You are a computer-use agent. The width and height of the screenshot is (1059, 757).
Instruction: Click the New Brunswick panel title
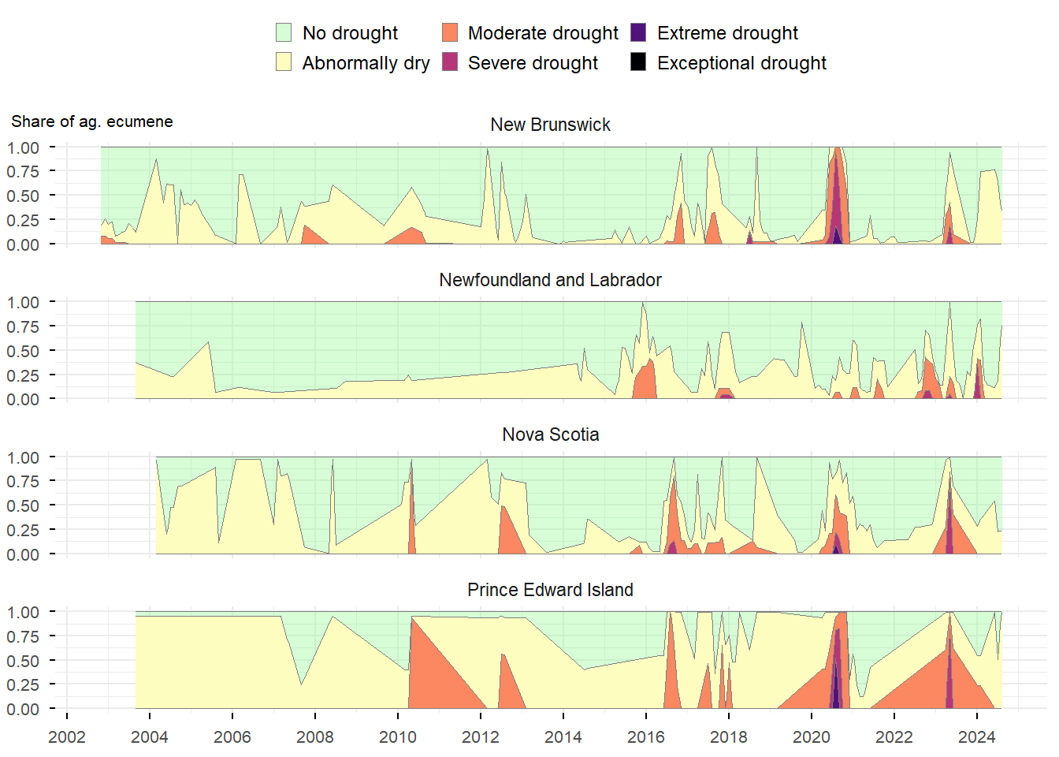click(x=550, y=125)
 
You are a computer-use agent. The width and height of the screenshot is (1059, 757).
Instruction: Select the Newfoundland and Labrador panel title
click(x=550, y=280)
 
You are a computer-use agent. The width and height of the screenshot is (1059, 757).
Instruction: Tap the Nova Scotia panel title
click(x=550, y=434)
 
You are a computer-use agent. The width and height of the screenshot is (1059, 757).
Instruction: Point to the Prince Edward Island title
click(x=550, y=590)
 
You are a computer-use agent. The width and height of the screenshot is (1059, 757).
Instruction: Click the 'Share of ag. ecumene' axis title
click(x=92, y=121)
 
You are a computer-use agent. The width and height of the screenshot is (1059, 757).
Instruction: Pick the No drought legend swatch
click(x=284, y=32)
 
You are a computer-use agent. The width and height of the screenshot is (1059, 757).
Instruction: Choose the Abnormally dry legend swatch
click(x=284, y=62)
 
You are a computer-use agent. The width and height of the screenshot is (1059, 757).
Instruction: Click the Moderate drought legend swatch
click(x=450, y=32)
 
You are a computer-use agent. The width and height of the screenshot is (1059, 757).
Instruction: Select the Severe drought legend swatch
click(x=450, y=62)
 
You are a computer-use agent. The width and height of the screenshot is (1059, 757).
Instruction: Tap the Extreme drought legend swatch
click(x=638, y=32)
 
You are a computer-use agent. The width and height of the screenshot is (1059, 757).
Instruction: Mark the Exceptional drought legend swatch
click(x=638, y=62)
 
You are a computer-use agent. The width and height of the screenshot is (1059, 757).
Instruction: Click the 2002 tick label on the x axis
click(x=67, y=737)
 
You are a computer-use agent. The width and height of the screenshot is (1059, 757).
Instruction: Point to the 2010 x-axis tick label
click(x=398, y=737)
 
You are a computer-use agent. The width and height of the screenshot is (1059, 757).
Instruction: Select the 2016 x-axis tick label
click(x=646, y=737)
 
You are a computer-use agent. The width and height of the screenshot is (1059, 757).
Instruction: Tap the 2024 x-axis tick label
click(x=977, y=737)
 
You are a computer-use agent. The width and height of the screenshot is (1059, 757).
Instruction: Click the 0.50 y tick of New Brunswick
click(x=23, y=196)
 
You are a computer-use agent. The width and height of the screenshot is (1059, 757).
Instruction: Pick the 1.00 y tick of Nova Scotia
click(x=23, y=458)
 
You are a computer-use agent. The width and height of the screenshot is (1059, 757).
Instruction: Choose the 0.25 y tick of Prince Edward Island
click(x=23, y=685)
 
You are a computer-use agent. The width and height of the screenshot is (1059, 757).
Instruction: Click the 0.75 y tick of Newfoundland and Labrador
click(x=23, y=327)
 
